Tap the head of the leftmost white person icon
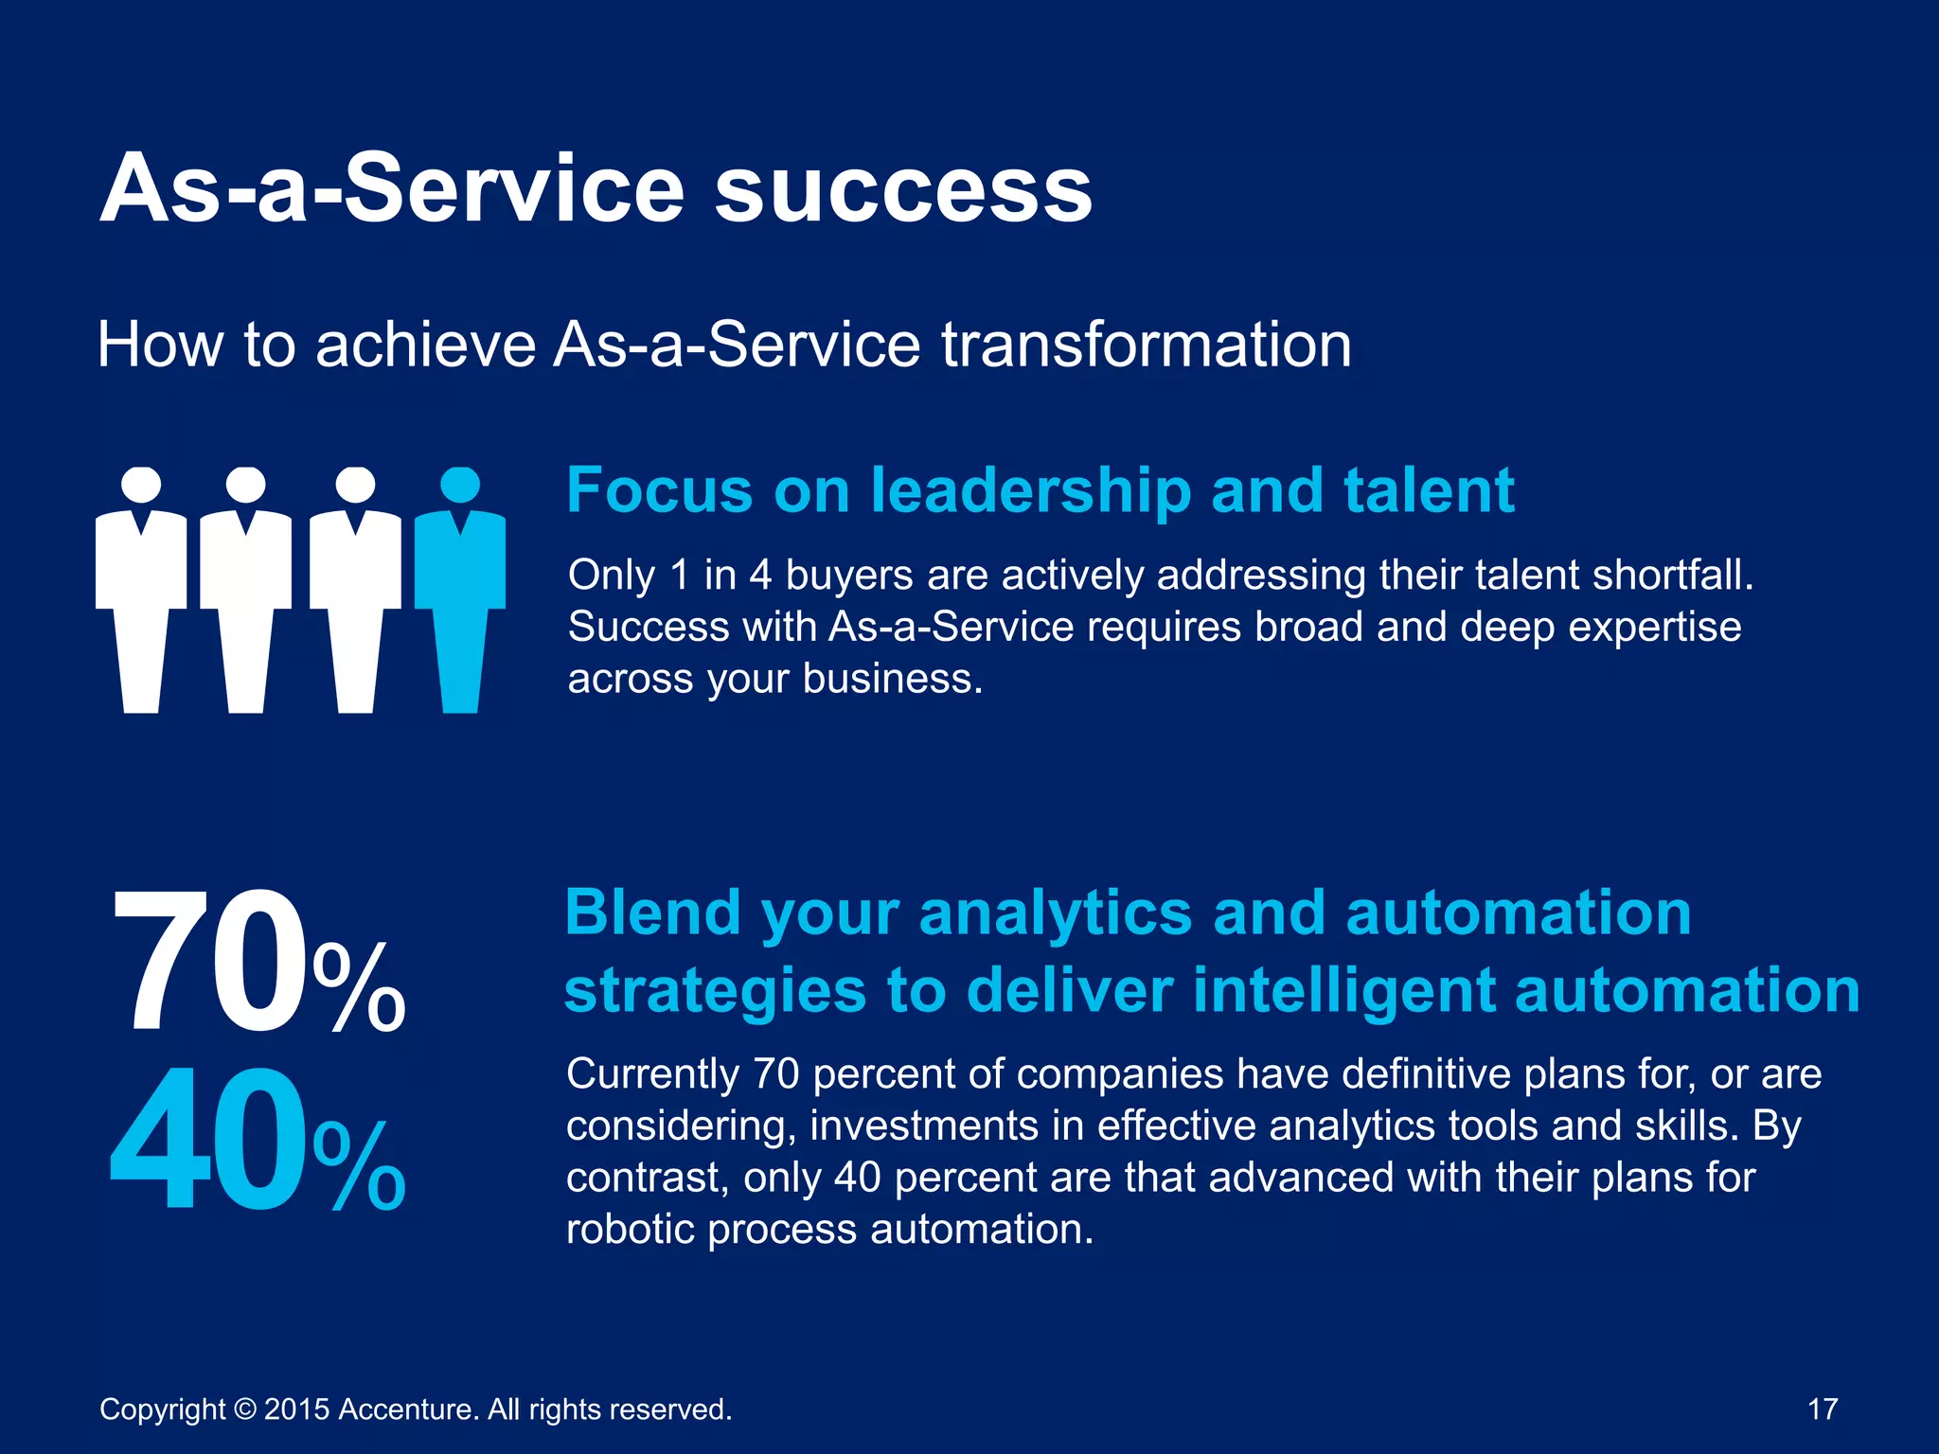(141, 485)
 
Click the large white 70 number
(208, 962)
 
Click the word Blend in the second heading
(652, 913)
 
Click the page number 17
(1823, 1409)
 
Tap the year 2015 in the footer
(296, 1410)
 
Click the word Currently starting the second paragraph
(652, 1074)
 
